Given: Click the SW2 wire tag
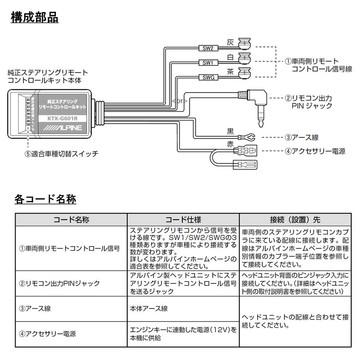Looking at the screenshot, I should [x=208, y=48].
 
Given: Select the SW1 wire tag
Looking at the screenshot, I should [x=208, y=63].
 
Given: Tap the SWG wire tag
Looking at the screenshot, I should [x=208, y=77].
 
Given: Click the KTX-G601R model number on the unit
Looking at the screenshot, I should [x=63, y=118].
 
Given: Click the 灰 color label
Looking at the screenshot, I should [x=230, y=43].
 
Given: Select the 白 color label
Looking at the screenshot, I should [x=230, y=57].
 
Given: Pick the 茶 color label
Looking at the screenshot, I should [x=230, y=71].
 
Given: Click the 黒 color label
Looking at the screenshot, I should [x=230, y=131].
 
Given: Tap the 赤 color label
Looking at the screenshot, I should [x=230, y=144].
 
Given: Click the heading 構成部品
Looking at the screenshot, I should [x=34, y=18].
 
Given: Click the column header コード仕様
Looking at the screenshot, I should [x=183, y=220].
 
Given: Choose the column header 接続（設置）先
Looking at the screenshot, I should [x=295, y=220].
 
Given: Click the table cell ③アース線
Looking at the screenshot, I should [x=35, y=309].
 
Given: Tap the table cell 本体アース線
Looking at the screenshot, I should [x=149, y=309].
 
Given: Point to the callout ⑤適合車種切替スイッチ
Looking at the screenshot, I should [x=62, y=154].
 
